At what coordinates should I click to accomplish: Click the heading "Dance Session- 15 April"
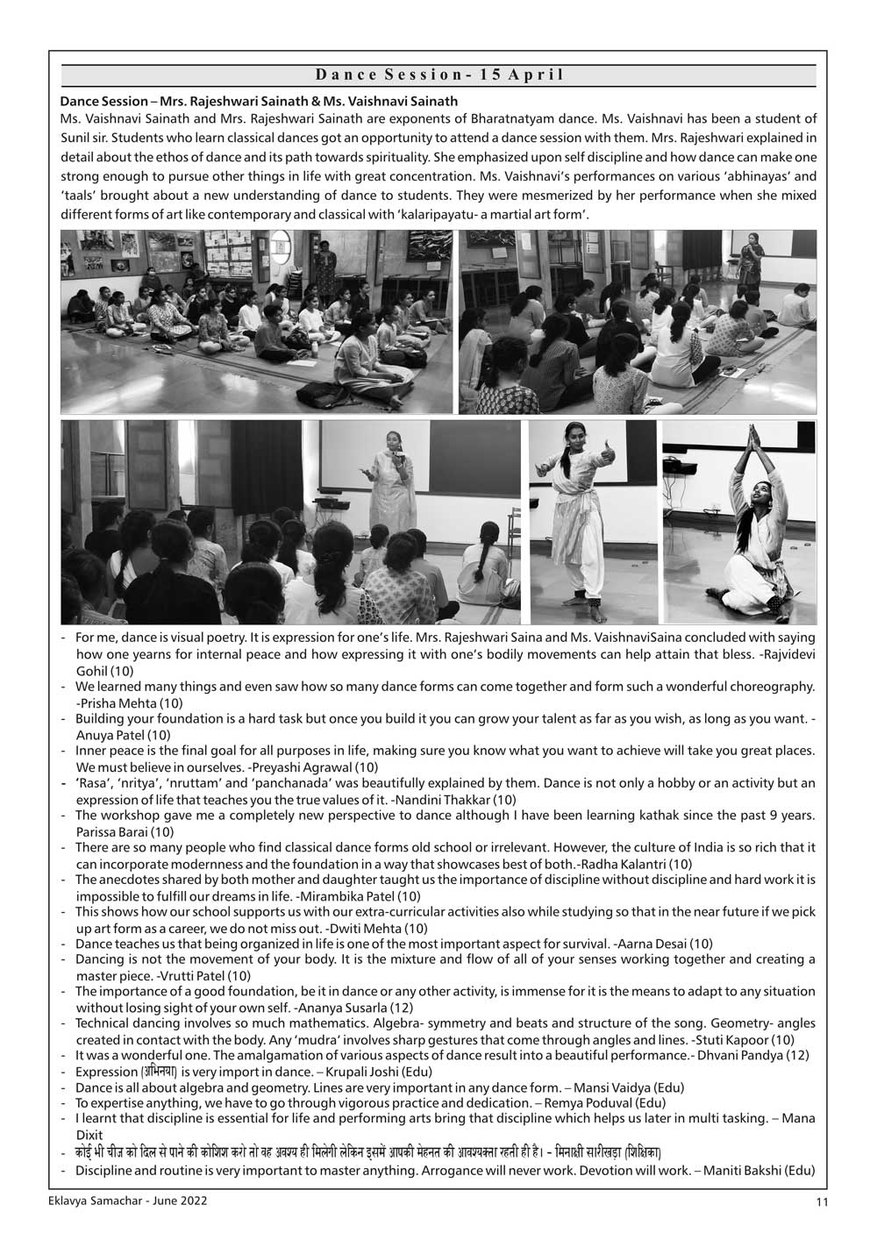pos(438,75)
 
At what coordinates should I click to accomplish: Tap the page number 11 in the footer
pos(821,1202)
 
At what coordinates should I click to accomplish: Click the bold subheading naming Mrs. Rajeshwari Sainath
pos(259,102)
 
